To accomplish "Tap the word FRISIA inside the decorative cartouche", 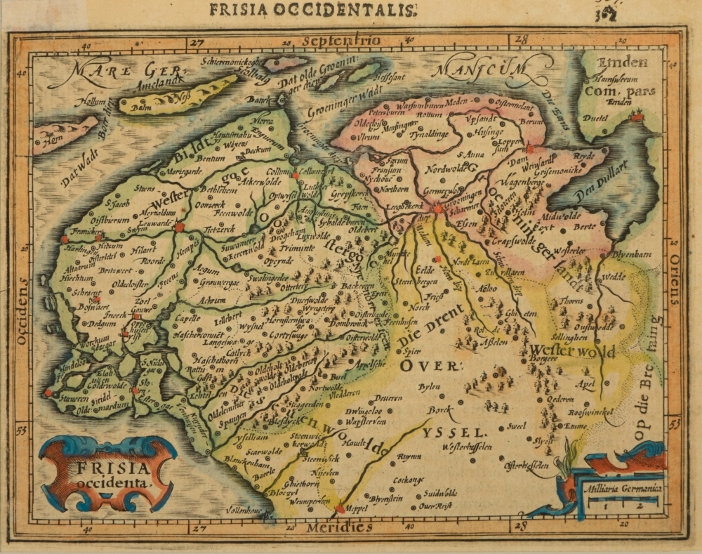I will tap(106, 468).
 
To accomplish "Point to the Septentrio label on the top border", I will tap(342, 41).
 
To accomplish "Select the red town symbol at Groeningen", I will tap(437, 209).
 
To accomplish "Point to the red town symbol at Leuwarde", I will tap(180, 227).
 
